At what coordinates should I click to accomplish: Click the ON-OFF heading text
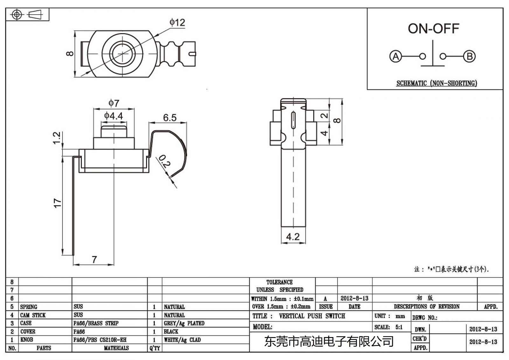(x=433, y=29)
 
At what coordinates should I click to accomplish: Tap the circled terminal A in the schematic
(x=395, y=57)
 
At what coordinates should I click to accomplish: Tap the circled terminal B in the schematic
(x=469, y=57)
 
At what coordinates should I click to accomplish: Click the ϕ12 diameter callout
(x=177, y=23)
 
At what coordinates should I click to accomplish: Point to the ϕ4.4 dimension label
(x=114, y=116)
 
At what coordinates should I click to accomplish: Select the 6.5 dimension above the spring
(x=170, y=118)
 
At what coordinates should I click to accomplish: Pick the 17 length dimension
(x=57, y=203)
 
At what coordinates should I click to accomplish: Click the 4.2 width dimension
(x=293, y=237)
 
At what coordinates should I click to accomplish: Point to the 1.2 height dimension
(x=57, y=138)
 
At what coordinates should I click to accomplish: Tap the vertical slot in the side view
(x=293, y=120)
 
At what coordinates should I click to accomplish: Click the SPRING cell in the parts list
(x=29, y=307)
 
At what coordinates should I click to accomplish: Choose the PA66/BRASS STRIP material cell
(x=96, y=323)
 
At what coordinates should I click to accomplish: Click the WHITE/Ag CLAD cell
(x=182, y=340)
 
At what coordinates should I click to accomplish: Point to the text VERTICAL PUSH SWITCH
(x=312, y=316)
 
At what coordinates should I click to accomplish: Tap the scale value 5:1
(x=399, y=327)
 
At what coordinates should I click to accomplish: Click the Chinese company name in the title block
(x=329, y=342)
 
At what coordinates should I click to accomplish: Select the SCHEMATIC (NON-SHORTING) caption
(x=436, y=83)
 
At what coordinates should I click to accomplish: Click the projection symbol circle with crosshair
(x=17, y=15)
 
